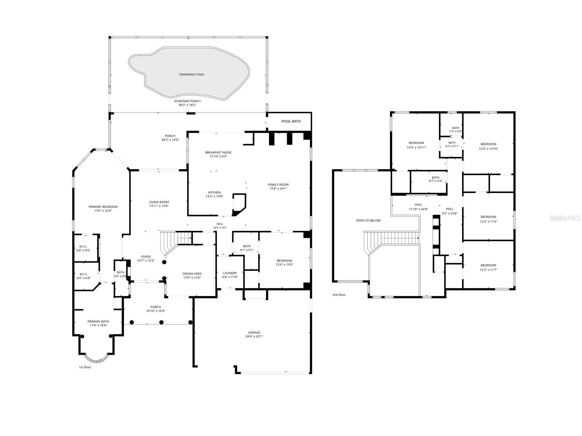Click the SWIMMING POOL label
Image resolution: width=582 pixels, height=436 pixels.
192,75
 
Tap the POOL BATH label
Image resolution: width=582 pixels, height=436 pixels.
291,121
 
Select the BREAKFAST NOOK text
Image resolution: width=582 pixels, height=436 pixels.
218,152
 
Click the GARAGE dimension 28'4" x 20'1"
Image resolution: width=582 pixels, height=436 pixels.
254,337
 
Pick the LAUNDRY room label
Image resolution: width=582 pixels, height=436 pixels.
230,273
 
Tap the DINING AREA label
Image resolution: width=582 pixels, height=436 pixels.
192,273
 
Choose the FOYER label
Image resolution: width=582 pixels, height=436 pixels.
146,257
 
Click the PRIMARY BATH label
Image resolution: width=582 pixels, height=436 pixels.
98,321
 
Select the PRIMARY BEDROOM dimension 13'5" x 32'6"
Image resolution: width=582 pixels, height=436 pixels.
103,211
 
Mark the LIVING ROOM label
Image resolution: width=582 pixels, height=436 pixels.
159,202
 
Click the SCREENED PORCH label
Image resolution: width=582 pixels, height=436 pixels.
187,101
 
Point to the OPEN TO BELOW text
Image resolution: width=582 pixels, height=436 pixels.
368,221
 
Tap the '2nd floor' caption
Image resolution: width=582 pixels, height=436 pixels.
339,295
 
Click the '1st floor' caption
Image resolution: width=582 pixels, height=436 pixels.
85,367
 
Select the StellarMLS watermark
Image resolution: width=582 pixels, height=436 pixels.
565,218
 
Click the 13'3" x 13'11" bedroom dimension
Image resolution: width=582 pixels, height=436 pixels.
416,147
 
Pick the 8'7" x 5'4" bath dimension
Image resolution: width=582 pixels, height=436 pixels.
436,181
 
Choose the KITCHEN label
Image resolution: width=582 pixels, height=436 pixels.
215,192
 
